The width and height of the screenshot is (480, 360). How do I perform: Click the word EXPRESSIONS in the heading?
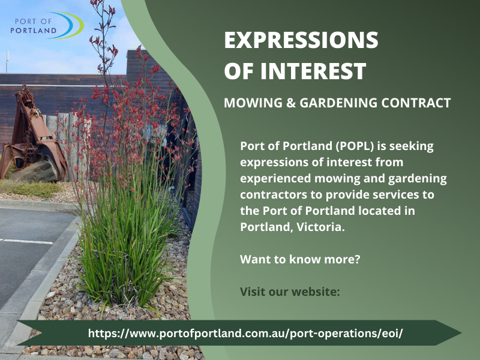click(301, 41)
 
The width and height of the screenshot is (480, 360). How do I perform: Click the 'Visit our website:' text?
click(290, 292)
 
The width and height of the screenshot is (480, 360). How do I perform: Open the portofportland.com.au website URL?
click(245, 333)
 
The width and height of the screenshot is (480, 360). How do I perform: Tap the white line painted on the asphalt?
click(27, 241)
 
